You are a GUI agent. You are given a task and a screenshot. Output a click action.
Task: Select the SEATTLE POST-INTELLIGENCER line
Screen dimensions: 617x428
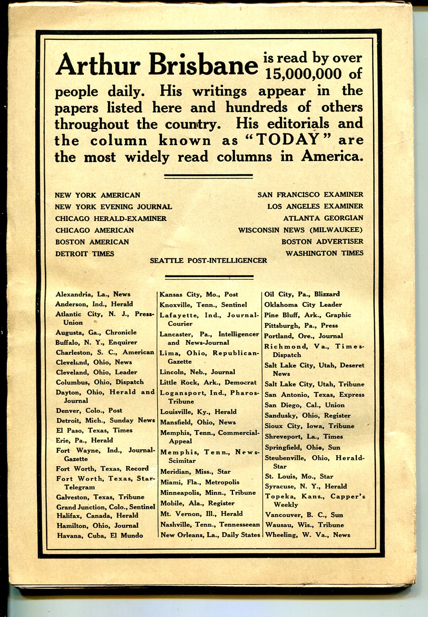point(208,261)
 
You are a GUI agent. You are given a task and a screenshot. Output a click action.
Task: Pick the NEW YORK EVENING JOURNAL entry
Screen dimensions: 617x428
point(114,207)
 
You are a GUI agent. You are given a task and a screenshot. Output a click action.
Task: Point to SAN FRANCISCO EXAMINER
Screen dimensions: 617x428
point(310,194)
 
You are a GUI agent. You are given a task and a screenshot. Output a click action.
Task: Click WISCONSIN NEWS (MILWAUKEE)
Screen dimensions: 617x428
point(301,230)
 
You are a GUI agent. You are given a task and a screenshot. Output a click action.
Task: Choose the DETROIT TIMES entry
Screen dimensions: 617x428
point(85,254)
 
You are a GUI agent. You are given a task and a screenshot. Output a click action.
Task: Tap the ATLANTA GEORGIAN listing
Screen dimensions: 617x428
point(323,218)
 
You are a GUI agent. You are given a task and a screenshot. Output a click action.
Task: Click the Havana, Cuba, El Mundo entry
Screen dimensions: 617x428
point(99,535)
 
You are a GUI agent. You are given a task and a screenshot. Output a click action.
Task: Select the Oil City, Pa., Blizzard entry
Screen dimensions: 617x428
point(302,294)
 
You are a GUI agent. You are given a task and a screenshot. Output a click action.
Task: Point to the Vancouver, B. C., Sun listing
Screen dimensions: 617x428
point(304,515)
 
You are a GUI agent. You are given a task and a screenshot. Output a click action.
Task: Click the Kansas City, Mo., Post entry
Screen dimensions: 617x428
point(199,294)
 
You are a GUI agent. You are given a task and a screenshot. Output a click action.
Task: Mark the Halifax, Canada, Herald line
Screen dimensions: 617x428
point(97,515)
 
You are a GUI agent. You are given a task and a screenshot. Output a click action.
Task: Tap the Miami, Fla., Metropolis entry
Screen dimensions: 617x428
point(200,482)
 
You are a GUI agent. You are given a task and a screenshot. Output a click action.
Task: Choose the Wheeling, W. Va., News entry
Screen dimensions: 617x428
point(307,535)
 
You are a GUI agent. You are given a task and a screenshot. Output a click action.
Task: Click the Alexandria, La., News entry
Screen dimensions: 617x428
point(93,294)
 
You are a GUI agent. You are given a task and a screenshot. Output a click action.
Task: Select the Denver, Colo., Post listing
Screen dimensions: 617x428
point(89,410)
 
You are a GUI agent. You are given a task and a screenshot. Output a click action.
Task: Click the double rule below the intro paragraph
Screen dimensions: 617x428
point(208,176)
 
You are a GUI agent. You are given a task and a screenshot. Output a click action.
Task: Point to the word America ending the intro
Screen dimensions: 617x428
point(332,157)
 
